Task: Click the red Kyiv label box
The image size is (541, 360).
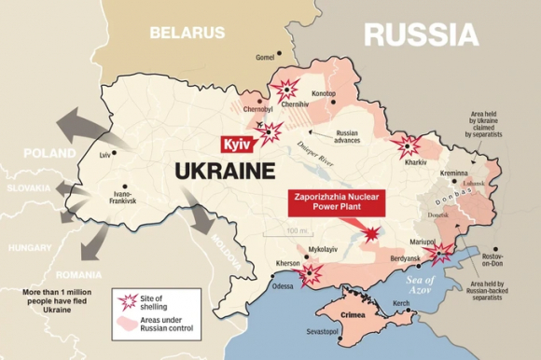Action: coord(235,145)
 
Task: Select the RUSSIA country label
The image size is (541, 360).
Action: coord(421,35)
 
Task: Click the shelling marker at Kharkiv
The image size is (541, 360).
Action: coord(407,146)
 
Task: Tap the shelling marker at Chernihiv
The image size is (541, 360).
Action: coord(285,90)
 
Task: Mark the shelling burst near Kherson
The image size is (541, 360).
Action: coord(311,272)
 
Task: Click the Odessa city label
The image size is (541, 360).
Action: coord(283,286)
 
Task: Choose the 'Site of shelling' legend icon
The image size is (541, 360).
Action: coord(129,301)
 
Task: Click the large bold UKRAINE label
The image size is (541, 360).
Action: coord(225,172)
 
